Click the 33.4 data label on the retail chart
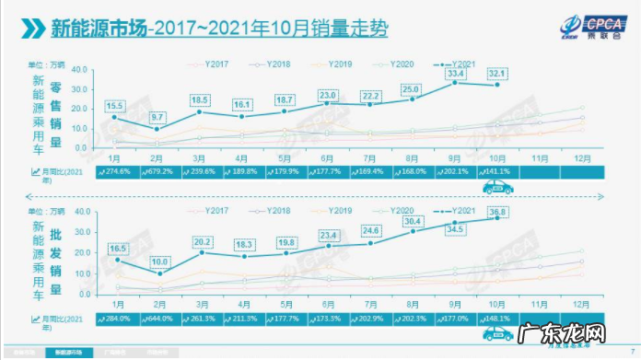coord(454,73)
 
